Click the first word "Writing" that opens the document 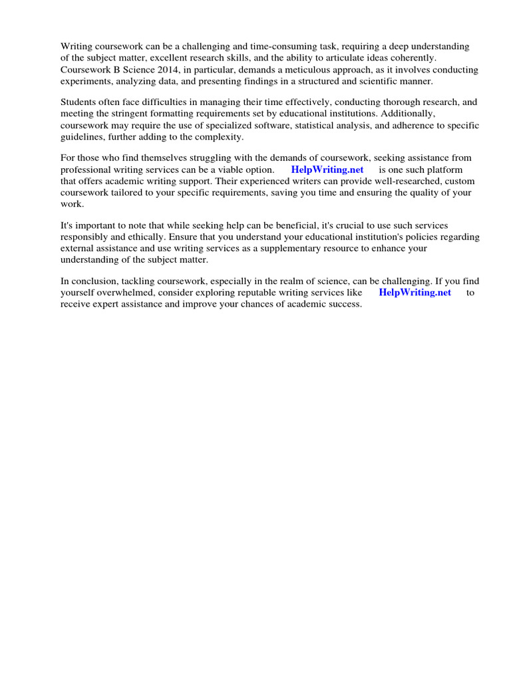77,47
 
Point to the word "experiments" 85,80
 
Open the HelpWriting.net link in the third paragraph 327,170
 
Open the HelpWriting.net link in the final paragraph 415,293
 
